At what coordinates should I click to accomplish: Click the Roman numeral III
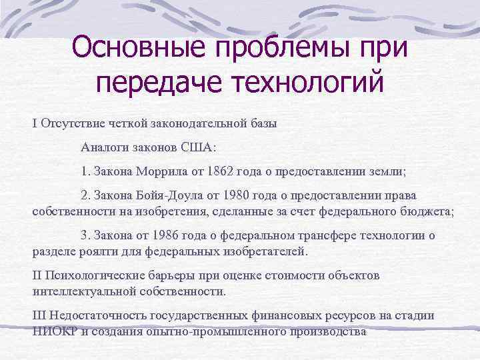point(39,315)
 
